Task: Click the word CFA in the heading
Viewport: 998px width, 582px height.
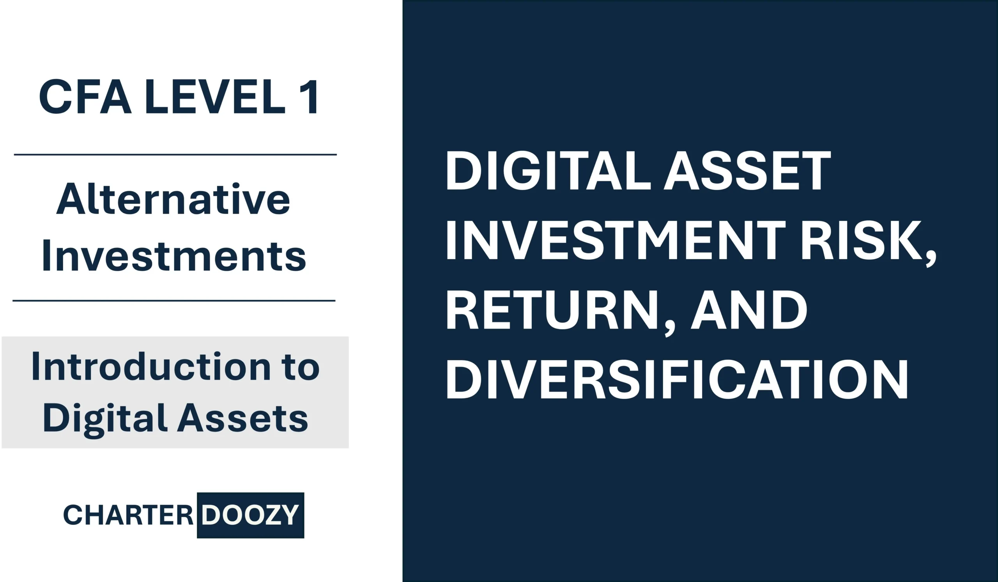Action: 85,97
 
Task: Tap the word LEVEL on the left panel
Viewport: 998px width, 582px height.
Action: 215,97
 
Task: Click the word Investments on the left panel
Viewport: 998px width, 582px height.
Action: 174,257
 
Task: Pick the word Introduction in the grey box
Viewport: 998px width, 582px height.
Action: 151,367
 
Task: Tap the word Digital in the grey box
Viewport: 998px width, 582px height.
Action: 104,419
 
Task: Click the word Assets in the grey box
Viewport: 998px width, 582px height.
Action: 242,419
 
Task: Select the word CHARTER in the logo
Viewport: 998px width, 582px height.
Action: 128,515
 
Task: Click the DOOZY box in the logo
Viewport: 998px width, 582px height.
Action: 250,515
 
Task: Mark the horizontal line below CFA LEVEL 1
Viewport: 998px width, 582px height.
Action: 175,154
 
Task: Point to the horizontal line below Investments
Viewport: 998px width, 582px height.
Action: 174,301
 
